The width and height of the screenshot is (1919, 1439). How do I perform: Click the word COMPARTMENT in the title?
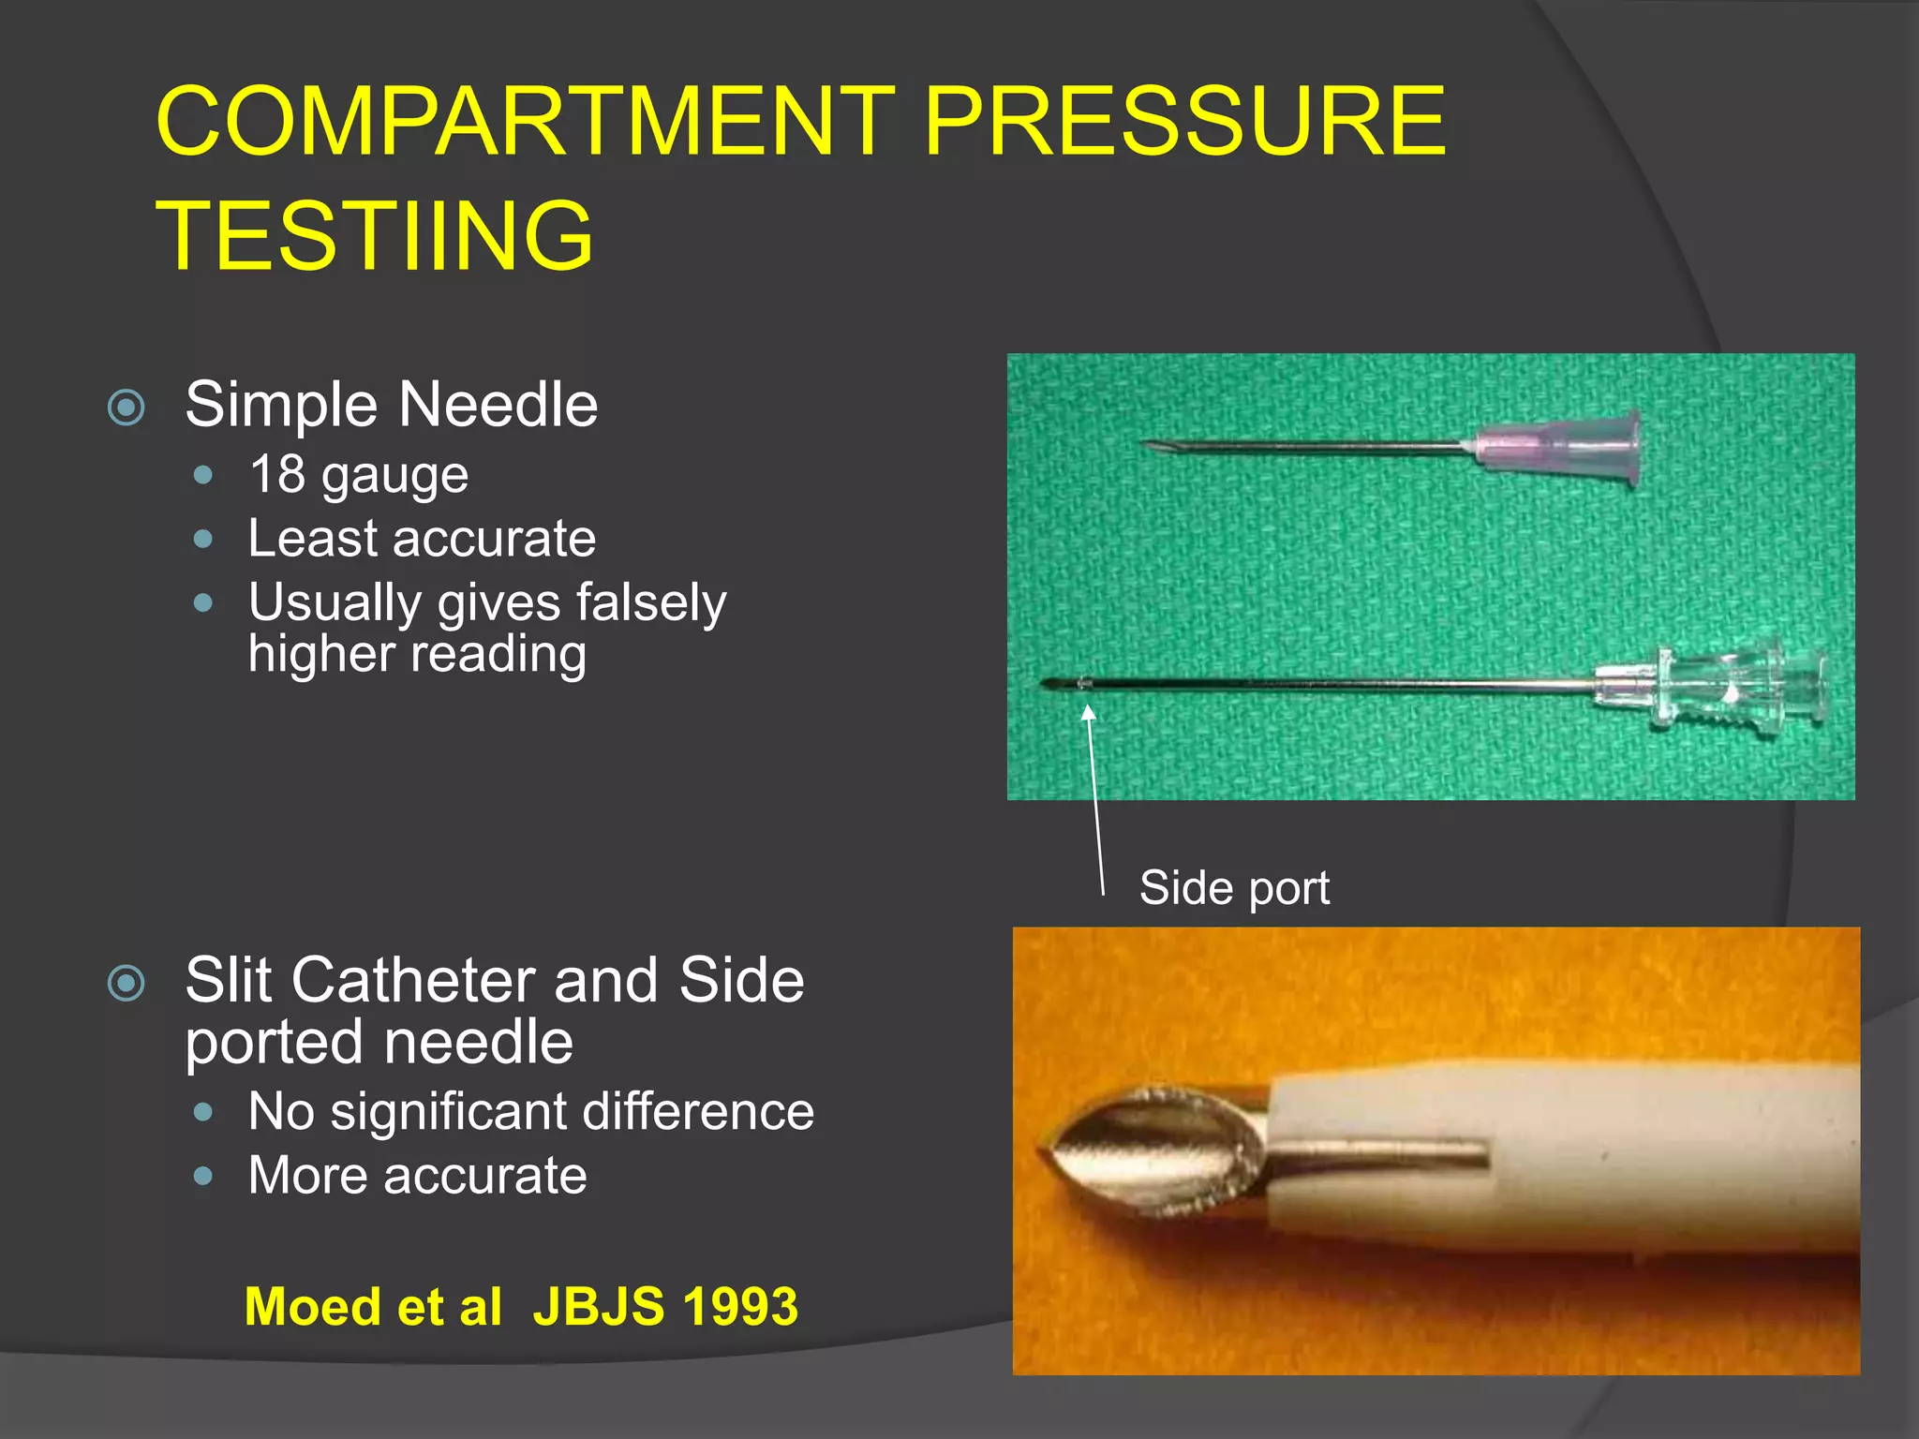click(526, 121)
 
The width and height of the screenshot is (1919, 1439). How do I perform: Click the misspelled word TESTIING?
click(375, 236)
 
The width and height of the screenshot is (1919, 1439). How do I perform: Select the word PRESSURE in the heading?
click(1184, 121)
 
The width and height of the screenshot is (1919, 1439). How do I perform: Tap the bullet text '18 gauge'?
click(359, 475)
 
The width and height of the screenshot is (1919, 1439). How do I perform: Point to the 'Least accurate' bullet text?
click(422, 539)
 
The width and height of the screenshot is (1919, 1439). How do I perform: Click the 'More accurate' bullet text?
click(417, 1175)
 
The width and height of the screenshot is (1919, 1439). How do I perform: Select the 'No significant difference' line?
click(530, 1112)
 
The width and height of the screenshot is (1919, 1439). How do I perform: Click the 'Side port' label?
click(1234, 887)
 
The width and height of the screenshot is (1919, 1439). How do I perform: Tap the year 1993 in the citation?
click(739, 1306)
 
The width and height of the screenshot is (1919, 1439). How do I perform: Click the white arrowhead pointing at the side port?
click(1088, 714)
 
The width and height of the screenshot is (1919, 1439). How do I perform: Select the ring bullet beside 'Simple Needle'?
click(126, 408)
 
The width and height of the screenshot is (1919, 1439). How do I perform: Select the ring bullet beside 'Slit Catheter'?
click(126, 983)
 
